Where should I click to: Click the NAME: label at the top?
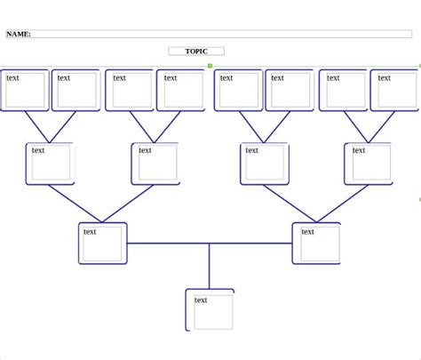click(19, 35)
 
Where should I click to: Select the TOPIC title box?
click(196, 52)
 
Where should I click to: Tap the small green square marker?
click(210, 66)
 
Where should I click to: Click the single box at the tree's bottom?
click(210, 309)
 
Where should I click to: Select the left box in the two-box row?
click(103, 243)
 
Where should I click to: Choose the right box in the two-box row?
click(317, 243)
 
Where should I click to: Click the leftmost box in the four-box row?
click(50, 164)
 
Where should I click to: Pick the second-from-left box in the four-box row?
click(155, 164)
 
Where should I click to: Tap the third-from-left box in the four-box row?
click(264, 164)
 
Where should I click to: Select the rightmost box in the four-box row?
click(369, 164)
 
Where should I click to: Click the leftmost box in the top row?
click(25, 91)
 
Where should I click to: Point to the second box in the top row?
click(75, 91)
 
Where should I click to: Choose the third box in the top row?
click(130, 91)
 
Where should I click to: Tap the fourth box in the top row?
click(180, 91)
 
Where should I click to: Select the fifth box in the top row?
click(238, 91)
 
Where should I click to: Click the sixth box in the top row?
click(290, 91)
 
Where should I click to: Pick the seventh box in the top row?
click(344, 91)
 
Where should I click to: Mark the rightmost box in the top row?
click(394, 91)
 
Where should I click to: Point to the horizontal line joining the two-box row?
click(169, 243)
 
